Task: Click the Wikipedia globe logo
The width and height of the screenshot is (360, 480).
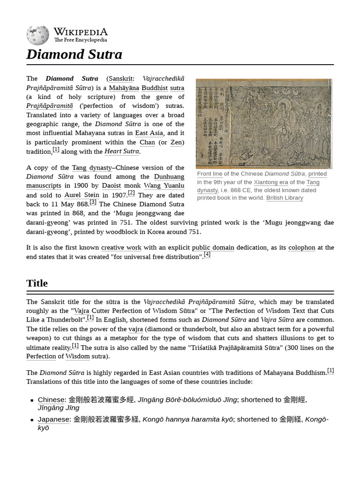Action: click(37, 35)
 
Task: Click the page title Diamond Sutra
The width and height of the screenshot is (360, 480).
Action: click(74, 54)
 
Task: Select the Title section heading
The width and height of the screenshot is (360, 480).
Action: click(37, 283)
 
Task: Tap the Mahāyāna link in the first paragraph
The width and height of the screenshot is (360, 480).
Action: click(124, 88)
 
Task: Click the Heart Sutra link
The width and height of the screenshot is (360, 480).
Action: click(121, 151)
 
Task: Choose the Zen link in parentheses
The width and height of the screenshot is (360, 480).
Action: click(176, 142)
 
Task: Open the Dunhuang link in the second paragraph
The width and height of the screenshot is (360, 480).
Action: click(169, 177)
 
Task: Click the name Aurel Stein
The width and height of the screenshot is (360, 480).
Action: click(82, 195)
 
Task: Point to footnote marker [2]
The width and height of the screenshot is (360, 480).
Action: click(131, 193)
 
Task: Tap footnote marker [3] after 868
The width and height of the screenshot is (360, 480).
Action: click(93, 202)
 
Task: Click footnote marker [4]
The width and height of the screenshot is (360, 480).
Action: click(207, 255)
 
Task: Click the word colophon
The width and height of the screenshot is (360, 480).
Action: click(302, 247)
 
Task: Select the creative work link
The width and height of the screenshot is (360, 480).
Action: click(121, 247)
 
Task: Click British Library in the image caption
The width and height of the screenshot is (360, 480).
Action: click(285, 198)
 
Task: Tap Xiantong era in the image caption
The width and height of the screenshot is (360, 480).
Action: click(271, 182)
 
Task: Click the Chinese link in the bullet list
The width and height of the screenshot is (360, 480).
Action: click(51, 400)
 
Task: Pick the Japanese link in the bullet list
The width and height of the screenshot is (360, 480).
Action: click(53, 420)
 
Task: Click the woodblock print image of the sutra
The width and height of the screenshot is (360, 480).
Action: click(263, 123)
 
